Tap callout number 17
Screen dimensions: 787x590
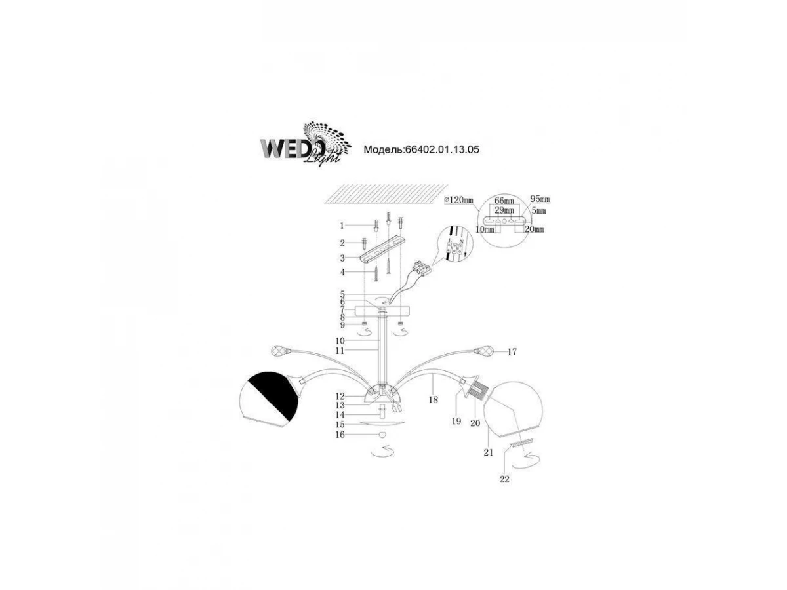(x=512, y=352)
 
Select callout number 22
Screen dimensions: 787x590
(x=504, y=479)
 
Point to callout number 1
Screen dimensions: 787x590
(x=342, y=226)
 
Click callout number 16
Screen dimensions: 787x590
(x=340, y=435)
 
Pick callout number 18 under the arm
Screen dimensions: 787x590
(x=433, y=399)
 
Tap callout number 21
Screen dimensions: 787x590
(x=489, y=452)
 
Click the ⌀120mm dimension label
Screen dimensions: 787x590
(x=458, y=200)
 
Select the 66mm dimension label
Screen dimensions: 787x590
(x=504, y=201)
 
